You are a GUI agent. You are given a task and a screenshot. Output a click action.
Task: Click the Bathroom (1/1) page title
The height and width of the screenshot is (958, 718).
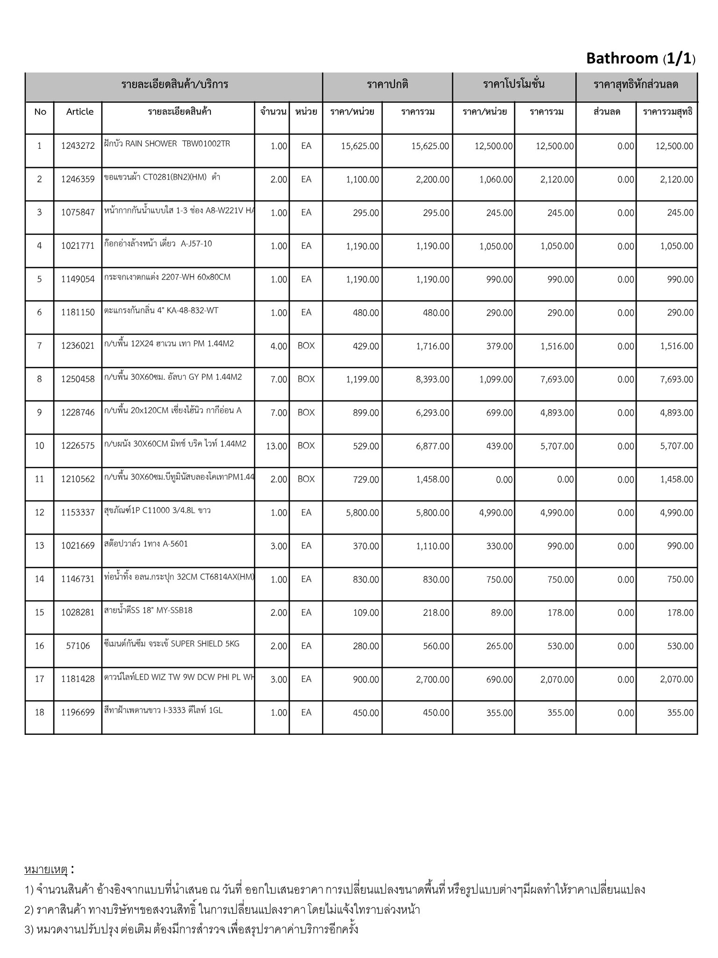(x=640, y=58)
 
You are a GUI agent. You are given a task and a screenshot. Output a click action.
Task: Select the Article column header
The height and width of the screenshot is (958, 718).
(x=79, y=112)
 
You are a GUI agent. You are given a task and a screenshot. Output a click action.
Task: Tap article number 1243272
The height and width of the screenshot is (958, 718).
(x=78, y=146)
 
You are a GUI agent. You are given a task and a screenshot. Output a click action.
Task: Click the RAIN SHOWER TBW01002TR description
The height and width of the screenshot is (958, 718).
(x=167, y=144)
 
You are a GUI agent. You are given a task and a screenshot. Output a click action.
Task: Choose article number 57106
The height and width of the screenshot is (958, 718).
(x=78, y=646)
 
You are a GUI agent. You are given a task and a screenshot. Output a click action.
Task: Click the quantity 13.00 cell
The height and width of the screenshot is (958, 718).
(x=276, y=446)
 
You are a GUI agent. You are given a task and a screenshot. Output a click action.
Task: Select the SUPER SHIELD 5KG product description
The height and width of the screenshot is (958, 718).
(x=172, y=644)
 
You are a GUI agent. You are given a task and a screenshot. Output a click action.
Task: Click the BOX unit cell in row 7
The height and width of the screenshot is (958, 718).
(x=306, y=346)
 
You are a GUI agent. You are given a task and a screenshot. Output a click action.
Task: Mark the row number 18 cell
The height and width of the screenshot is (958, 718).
(x=40, y=712)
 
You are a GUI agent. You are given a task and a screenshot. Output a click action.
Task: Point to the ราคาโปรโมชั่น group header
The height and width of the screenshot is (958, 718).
(x=514, y=85)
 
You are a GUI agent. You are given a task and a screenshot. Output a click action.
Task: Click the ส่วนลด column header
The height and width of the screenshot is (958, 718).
(x=606, y=112)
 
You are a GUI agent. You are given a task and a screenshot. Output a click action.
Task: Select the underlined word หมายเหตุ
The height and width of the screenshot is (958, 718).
(x=46, y=870)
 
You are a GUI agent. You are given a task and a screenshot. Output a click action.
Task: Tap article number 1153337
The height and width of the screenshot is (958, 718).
(x=78, y=513)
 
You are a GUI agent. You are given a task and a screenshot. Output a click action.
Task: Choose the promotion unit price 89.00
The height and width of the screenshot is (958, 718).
(x=502, y=613)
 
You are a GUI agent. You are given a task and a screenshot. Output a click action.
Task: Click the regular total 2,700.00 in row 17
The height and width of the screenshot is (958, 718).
(x=432, y=680)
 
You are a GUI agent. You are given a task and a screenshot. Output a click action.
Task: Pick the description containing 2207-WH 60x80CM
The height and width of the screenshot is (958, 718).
(x=167, y=277)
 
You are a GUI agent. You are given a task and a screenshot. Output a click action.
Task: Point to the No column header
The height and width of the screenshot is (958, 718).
(x=40, y=112)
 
